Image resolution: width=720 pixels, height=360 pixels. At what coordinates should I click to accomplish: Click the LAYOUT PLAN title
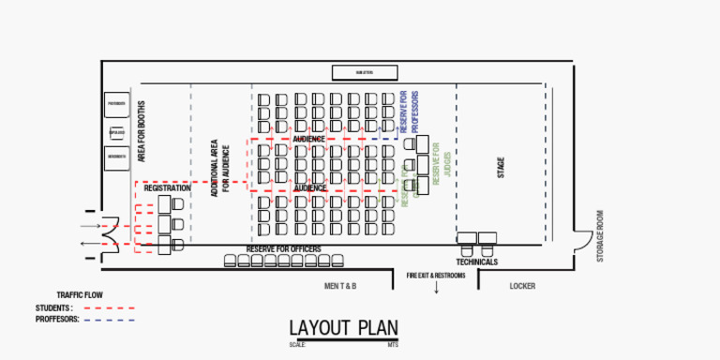[x=343, y=328]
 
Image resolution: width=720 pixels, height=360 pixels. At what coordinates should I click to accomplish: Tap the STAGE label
[x=501, y=169]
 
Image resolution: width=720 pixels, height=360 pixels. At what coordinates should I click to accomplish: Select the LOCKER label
[x=522, y=286]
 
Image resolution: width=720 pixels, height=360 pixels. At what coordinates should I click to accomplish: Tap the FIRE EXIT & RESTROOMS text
[x=435, y=276]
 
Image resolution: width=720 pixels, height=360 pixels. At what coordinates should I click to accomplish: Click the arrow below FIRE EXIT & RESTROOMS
[x=436, y=288]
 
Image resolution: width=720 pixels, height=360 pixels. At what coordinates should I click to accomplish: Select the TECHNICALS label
[x=477, y=262]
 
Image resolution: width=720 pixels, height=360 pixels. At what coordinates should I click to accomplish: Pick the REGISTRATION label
[x=168, y=187]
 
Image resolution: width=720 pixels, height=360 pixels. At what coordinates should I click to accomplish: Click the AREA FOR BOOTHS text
[x=142, y=132]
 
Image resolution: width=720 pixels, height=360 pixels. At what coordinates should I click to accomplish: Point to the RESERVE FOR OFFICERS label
[x=283, y=248]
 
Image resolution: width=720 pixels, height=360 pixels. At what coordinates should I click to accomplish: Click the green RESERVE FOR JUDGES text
[x=442, y=169]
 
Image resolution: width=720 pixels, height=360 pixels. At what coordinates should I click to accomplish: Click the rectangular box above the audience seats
[x=365, y=72]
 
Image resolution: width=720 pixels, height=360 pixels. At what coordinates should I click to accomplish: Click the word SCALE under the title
[x=297, y=345]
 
